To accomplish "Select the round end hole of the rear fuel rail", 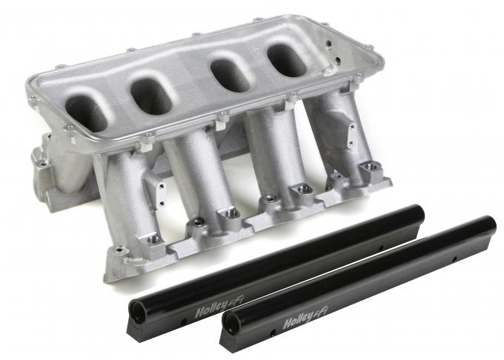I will [232, 322].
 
